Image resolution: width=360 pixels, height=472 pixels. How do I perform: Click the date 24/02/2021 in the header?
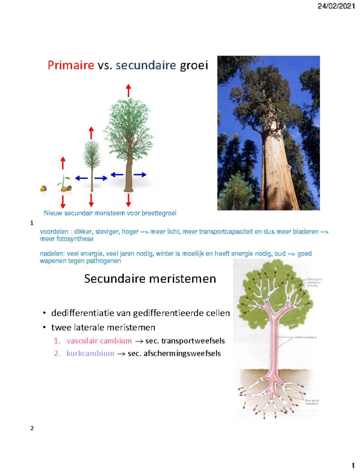pos(336,6)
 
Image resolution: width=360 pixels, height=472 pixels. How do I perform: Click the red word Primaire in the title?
pos(71,65)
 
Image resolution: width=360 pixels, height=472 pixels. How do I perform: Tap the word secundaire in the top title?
pos(146,65)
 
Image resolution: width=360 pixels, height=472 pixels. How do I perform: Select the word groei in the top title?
pos(194,65)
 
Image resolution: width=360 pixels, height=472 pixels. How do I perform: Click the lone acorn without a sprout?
pos(43,189)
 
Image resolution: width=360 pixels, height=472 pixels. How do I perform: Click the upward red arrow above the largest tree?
pos(128,91)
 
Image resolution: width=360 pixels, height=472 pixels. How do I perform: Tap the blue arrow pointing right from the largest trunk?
pos(140,175)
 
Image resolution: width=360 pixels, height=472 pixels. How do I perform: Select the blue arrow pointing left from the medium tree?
pos(81,178)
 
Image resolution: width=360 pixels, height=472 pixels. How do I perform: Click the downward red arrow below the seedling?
pos(63,202)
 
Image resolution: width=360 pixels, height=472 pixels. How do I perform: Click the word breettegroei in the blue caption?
pos(159,213)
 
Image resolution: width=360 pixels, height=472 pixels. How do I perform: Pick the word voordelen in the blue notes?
pos(54,232)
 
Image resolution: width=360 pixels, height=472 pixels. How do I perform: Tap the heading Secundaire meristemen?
pos(150,279)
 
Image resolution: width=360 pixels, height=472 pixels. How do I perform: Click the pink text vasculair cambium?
pos(99,341)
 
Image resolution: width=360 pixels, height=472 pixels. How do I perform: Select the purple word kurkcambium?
pos(90,353)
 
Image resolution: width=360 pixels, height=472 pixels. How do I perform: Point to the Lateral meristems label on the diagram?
pos(305,337)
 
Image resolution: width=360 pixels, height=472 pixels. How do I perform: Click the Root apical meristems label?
pos(312,402)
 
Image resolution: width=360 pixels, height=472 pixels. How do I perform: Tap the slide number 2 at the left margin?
pos(32,428)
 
